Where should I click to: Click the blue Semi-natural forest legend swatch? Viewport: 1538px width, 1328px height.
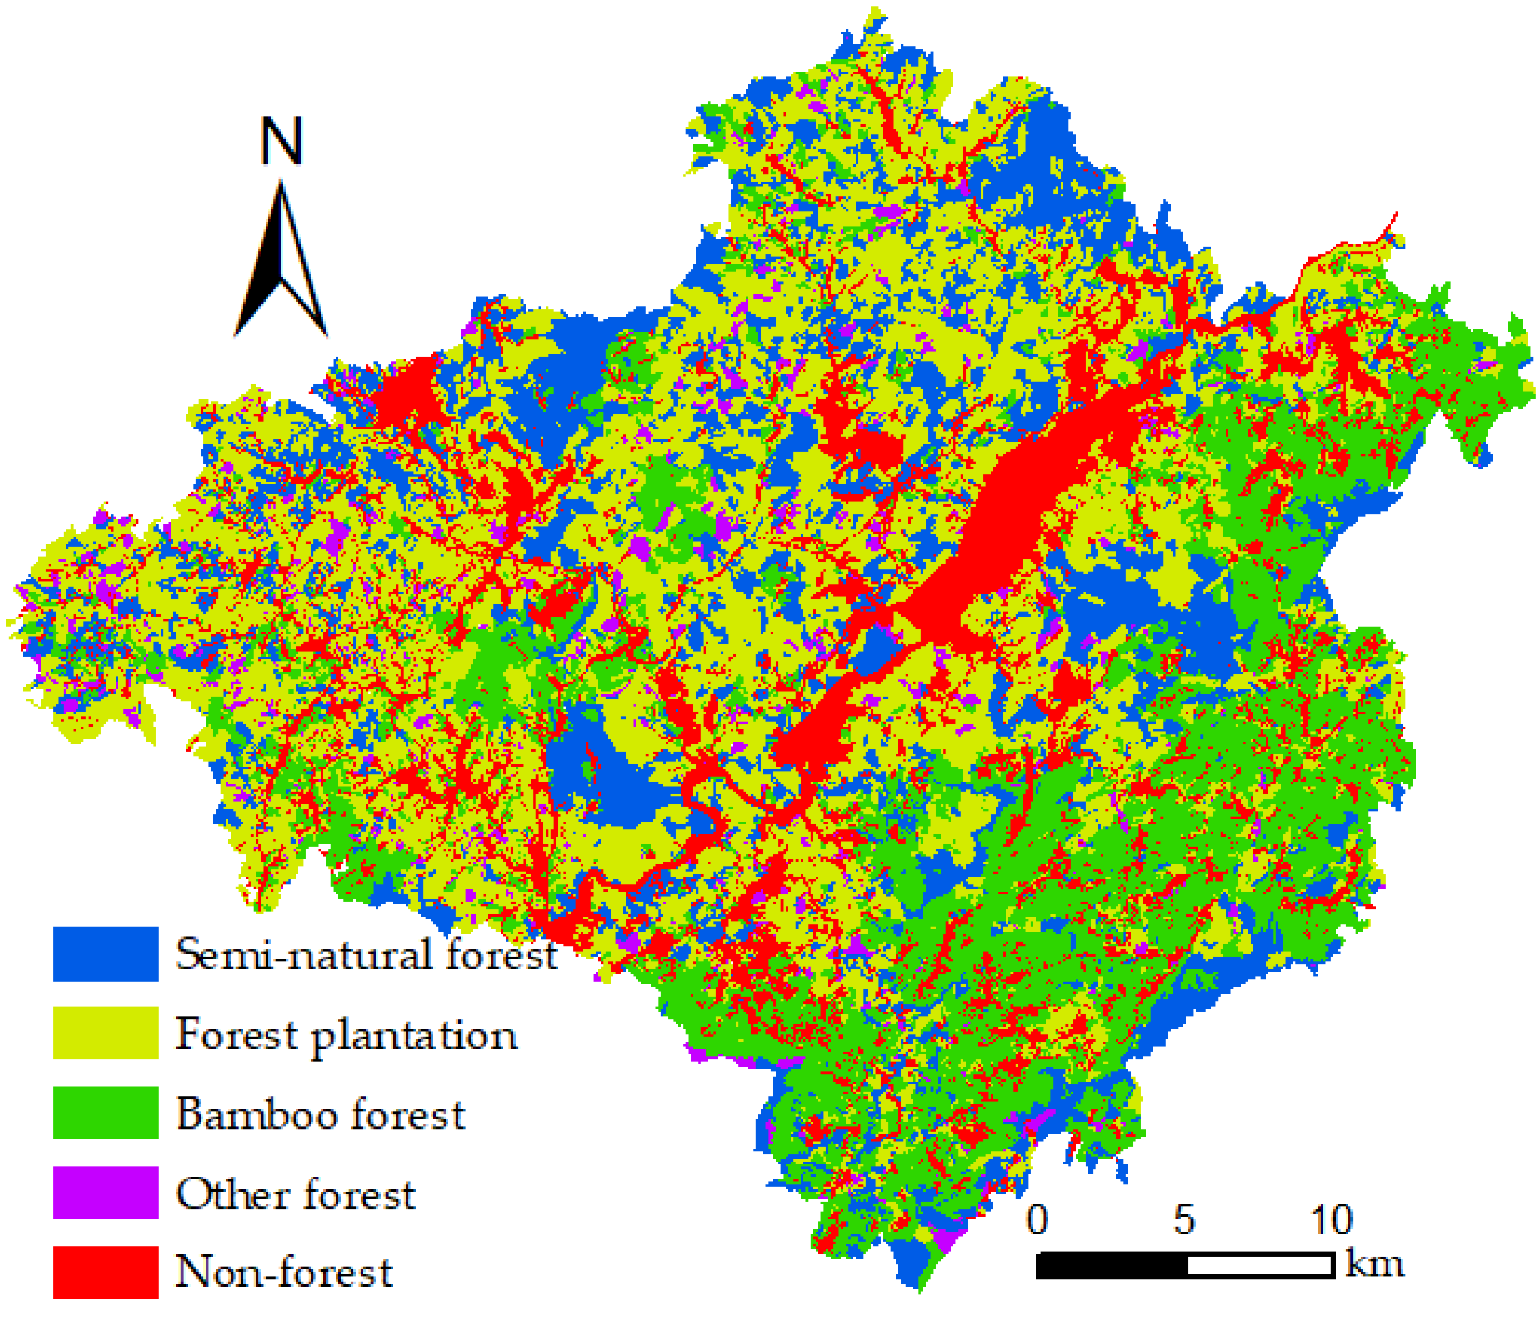point(105,954)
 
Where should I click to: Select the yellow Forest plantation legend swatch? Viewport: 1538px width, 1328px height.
point(105,1033)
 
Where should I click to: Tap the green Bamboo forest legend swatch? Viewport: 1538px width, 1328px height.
point(105,1113)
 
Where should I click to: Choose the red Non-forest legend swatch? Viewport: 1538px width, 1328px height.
point(105,1272)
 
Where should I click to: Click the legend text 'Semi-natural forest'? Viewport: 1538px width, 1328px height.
point(366,954)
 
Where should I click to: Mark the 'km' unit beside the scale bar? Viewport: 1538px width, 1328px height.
point(1375,1263)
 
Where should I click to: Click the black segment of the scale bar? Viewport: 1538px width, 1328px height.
point(1111,1265)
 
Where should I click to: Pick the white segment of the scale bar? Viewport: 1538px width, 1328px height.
point(1259,1265)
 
